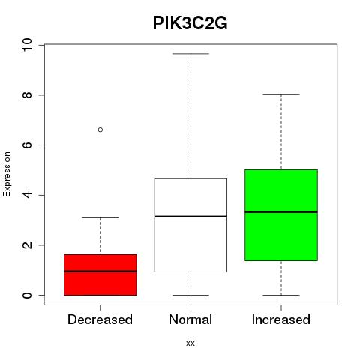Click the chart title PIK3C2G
coord(190,23)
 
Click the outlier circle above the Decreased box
coord(100,130)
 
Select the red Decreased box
coord(100,274)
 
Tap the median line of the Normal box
coord(190,217)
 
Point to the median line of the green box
coord(281,212)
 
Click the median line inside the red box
coord(100,271)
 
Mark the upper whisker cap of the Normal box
coord(190,54)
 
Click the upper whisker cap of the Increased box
coord(281,94)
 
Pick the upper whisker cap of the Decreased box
coord(100,217)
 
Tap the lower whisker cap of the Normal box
coord(190,295)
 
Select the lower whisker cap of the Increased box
coord(281,295)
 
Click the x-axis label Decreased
coord(100,319)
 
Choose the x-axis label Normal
coord(190,319)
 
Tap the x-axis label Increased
coord(281,319)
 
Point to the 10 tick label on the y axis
coord(27,45)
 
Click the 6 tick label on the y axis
coord(27,145)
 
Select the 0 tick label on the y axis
coord(27,295)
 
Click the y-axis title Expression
coord(7,175)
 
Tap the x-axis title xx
coord(190,343)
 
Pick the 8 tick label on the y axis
coord(27,95)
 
